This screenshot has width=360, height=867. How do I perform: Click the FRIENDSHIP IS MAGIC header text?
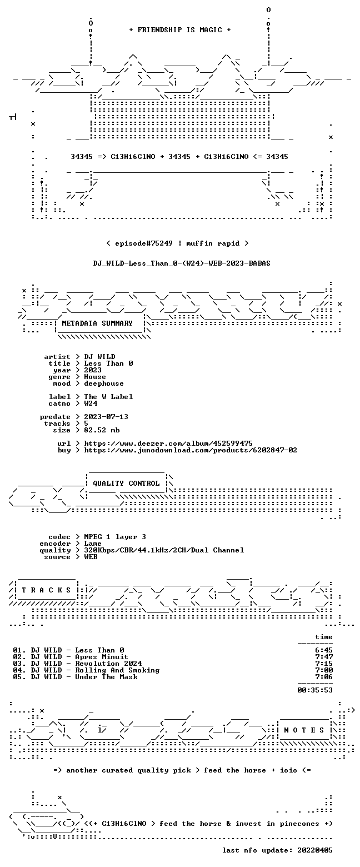coord(180,30)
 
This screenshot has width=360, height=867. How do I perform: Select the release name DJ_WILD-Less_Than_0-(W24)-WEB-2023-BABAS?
coord(182,263)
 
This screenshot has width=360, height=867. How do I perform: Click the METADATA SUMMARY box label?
coord(97,323)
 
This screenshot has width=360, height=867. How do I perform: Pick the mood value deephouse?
coord(104,383)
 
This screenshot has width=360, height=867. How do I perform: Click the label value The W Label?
coord(108,397)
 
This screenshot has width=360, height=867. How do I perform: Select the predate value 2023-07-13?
coord(106,417)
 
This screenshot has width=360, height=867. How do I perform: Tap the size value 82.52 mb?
coord(102,430)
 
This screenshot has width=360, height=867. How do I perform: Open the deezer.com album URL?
coord(168,444)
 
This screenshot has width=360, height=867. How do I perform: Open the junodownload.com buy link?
coord(191,450)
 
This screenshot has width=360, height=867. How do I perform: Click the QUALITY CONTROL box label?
coord(126,484)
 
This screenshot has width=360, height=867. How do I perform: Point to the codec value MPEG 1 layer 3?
coord(115,537)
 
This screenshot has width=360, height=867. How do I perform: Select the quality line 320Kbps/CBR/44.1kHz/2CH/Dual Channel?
coord(164,550)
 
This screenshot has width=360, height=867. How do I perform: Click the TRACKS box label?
coord(47,590)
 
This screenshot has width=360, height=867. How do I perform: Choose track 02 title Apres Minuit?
coord(102,657)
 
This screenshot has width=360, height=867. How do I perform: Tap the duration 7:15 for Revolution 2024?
coord(324,664)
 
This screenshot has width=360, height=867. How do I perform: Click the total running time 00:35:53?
coord(315,690)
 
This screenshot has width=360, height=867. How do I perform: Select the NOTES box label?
coord(304,730)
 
